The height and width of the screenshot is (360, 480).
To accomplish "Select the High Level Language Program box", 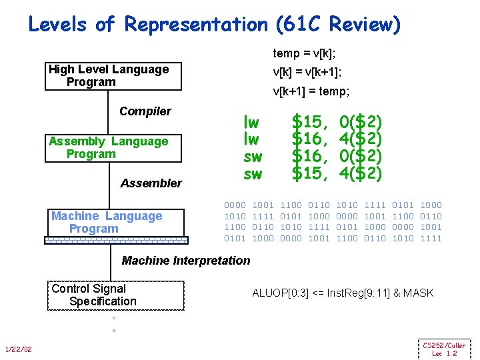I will point(113,76).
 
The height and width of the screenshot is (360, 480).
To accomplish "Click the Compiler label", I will point(145,111).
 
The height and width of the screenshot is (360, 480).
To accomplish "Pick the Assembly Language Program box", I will point(113,148).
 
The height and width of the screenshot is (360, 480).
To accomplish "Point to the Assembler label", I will point(151,183).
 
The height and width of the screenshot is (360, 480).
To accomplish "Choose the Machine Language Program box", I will point(113,223).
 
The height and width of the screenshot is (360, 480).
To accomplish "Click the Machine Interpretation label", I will point(185,261).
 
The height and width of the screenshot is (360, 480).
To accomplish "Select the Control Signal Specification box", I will point(115,295).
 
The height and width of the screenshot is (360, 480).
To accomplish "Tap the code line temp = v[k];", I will point(304,53).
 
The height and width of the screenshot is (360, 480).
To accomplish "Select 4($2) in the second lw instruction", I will point(361,139).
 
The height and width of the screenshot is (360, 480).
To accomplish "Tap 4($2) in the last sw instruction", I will point(361,174).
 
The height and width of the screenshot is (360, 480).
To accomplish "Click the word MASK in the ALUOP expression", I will point(418,293).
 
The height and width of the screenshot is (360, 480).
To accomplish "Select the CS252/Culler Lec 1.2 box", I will point(443,349).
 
